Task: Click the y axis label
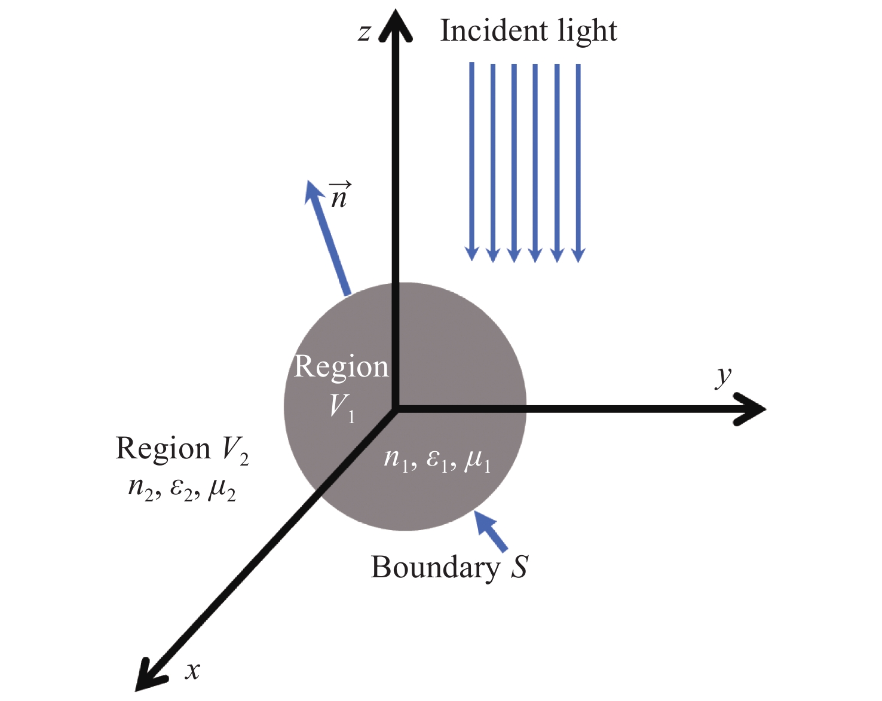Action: coord(724,376)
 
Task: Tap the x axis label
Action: coord(192,671)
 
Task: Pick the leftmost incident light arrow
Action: coord(472,161)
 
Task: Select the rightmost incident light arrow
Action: coord(578,161)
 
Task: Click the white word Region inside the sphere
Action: coord(341,366)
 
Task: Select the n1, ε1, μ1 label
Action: coord(437,460)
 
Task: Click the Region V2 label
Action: coord(182,449)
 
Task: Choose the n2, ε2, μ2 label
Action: coord(182,489)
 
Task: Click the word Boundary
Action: coord(436,567)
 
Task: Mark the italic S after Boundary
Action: coord(519,567)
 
